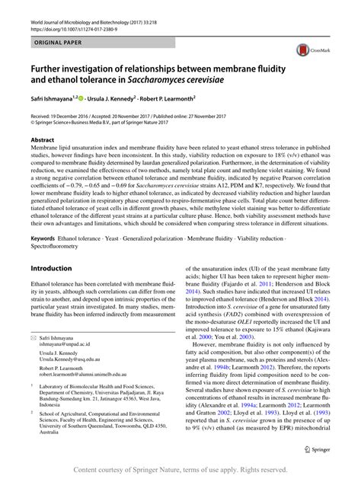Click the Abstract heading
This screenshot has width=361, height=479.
click(x=43, y=140)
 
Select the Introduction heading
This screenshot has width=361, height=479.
click(x=51, y=269)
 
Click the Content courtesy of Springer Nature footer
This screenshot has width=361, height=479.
click(x=180, y=470)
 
